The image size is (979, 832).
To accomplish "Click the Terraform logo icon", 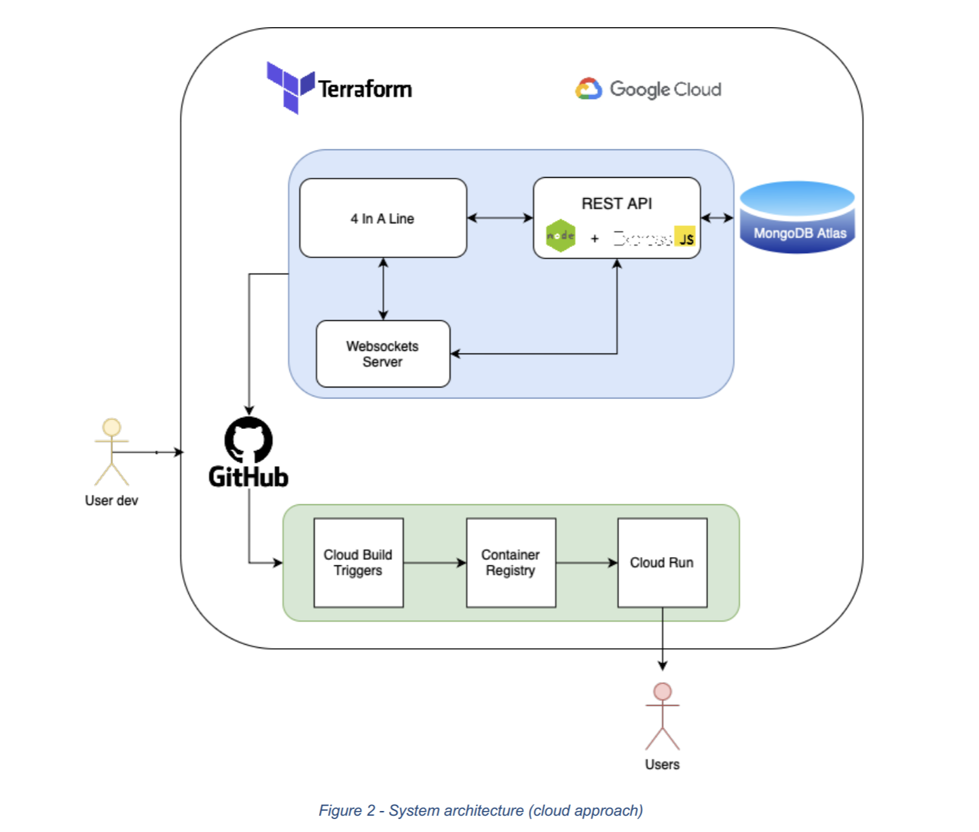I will pos(290,87).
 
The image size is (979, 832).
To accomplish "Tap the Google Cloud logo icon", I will pos(589,89).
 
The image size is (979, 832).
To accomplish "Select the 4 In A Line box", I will pos(383,219).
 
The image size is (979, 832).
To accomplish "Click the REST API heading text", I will pos(616,204).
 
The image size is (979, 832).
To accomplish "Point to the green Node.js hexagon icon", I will pos(561,236).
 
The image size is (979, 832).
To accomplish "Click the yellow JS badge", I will pos(685,236).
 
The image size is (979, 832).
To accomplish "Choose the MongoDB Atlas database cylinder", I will pos(797,217).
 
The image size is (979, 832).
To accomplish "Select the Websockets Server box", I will pos(383,354).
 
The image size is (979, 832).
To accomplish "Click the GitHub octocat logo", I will pos(248,440).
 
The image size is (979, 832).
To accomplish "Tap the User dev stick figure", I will pos(111,451).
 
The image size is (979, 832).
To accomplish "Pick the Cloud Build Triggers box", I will pos(358,563).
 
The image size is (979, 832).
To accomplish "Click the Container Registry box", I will pos(511,563).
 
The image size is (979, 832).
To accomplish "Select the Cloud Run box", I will pos(662,563).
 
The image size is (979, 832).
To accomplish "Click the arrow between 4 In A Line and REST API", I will pos(500,218).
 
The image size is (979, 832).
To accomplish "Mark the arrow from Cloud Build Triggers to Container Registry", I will pos(435,563).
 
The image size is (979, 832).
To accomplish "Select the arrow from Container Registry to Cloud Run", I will pos(587,563).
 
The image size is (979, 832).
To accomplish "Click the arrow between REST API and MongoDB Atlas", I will pos(717,218).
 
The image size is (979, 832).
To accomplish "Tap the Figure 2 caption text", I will pos(481,810).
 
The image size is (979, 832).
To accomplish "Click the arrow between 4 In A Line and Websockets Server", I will pos(384,288).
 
